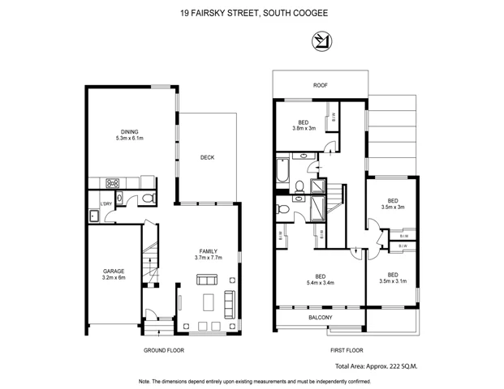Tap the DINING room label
(x=129, y=130)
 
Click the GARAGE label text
(x=113, y=271)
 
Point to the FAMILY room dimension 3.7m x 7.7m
(x=209, y=258)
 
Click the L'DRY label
(x=106, y=203)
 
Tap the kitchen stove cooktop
(x=114, y=182)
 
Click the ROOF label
(x=320, y=83)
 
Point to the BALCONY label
(x=320, y=318)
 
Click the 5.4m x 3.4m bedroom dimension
(x=320, y=282)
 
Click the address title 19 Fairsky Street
(x=252, y=13)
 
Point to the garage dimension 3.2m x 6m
(x=113, y=278)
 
